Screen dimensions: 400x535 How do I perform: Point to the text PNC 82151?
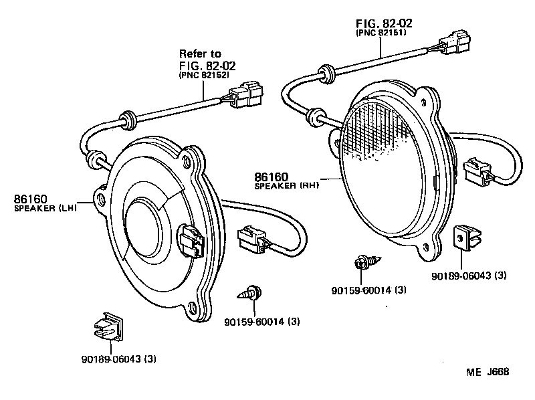(x=383, y=32)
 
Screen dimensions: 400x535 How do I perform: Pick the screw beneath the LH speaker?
(x=251, y=292)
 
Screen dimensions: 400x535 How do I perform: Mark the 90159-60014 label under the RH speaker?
(x=368, y=290)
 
